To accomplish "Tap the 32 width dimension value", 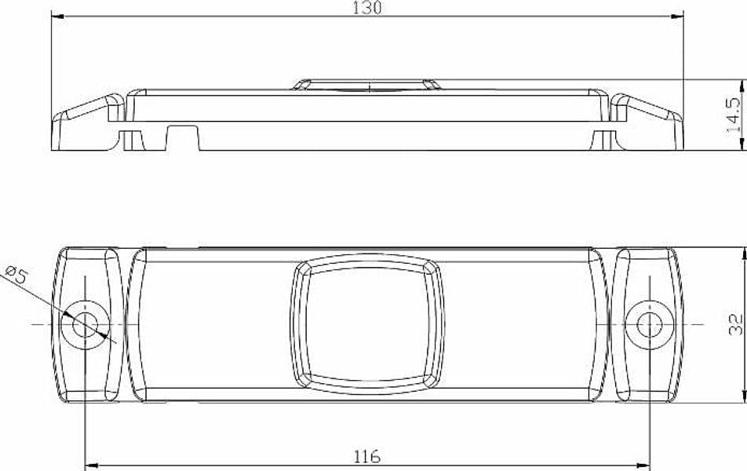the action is point(735,324).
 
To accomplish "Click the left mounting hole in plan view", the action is point(86,326).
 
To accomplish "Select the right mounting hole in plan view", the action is point(650,325).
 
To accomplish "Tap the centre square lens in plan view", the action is point(367,324).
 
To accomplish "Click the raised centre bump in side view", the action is point(366,85).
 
